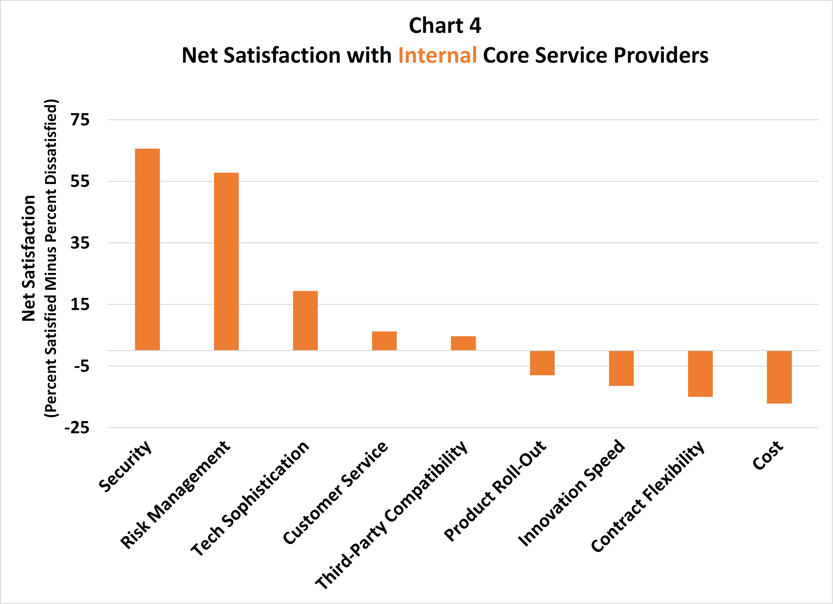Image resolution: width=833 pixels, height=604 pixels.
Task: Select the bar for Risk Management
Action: coord(226,261)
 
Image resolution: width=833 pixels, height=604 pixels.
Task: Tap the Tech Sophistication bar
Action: coord(305,320)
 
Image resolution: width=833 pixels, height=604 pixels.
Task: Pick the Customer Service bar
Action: coord(384,341)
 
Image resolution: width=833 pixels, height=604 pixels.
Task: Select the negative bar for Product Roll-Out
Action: coord(542,363)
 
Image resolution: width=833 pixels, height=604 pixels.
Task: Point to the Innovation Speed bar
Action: coord(621,368)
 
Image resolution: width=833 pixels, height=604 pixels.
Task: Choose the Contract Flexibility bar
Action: coord(700,374)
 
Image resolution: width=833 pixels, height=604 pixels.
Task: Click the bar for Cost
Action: coord(779,377)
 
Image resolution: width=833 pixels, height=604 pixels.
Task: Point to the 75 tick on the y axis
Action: coord(80,120)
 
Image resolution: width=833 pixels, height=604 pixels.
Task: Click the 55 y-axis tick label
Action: coord(80,181)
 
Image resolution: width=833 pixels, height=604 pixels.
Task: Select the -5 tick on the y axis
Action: coord(82,366)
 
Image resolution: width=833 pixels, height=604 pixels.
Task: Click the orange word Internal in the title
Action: coord(437,55)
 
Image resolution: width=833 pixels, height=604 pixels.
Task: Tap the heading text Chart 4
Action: coord(445,26)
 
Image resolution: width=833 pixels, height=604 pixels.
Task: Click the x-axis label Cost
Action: coord(768,455)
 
